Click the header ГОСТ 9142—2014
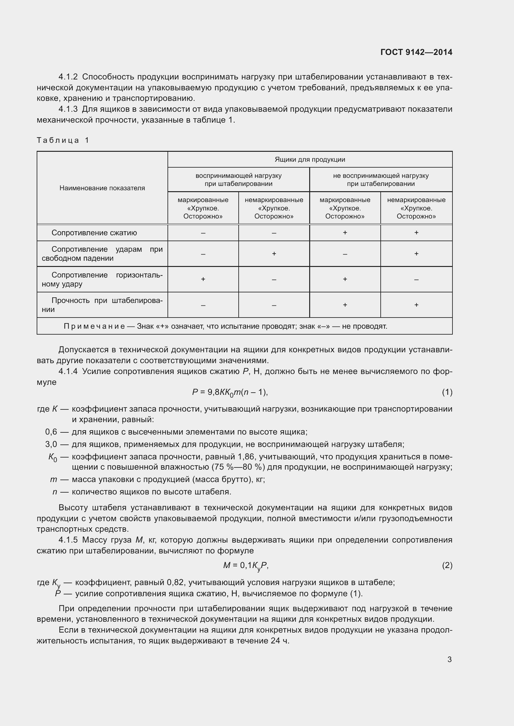[x=416, y=52]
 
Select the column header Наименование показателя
[x=102, y=188]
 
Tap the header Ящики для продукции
[x=310, y=159]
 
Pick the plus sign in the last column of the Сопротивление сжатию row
[x=416, y=233]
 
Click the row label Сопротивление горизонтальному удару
[x=102, y=279]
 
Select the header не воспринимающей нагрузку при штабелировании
[x=380, y=180]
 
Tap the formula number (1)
[x=447, y=392]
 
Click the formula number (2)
[x=447, y=565]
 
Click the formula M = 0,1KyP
[x=246, y=565]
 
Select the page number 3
[x=449, y=659]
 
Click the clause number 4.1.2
[x=68, y=77]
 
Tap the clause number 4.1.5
[x=68, y=540]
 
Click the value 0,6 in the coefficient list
[x=51, y=432]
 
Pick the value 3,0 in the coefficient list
[x=51, y=444]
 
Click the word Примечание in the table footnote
[x=94, y=326]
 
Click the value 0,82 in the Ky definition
[x=176, y=582]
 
